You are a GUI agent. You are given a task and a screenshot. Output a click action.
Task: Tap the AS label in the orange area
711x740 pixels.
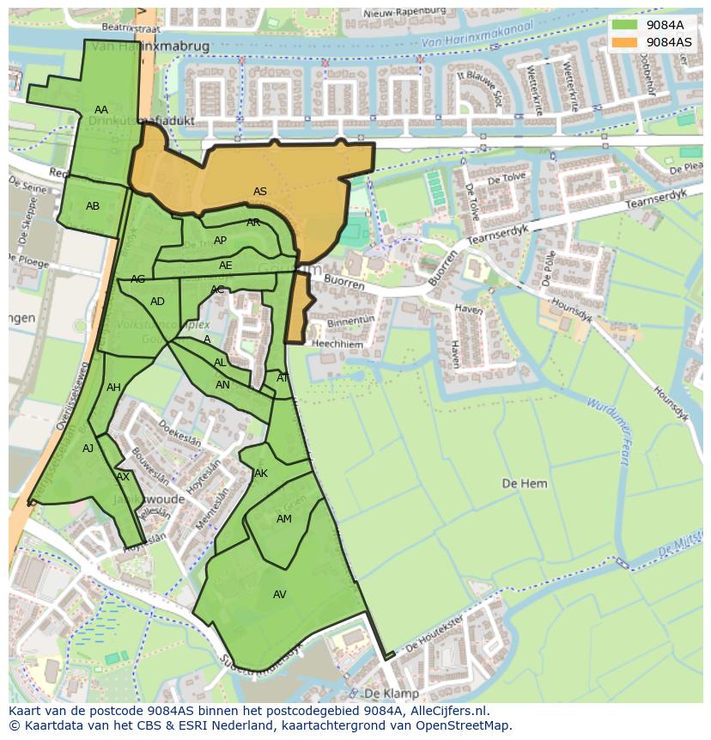259,192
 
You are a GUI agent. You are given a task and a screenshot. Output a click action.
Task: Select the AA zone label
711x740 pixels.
101,110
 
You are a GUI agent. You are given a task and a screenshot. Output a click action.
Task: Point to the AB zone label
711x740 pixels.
93,206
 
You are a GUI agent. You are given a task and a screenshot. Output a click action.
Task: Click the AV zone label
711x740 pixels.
279,595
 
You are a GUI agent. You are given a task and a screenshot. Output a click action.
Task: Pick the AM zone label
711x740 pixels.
284,519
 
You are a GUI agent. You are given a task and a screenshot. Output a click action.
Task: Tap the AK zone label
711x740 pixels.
261,474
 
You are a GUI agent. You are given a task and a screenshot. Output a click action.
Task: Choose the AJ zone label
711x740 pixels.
88,449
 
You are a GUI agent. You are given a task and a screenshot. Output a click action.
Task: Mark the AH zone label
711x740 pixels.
113,388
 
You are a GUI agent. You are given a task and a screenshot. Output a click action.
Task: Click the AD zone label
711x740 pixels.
157,302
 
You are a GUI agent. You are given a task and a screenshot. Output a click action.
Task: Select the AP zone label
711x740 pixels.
220,241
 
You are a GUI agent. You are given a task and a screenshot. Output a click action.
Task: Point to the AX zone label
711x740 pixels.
123,477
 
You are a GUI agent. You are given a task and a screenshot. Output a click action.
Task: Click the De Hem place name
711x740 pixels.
524,484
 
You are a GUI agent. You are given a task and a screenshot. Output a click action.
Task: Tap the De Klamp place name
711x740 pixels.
392,694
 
